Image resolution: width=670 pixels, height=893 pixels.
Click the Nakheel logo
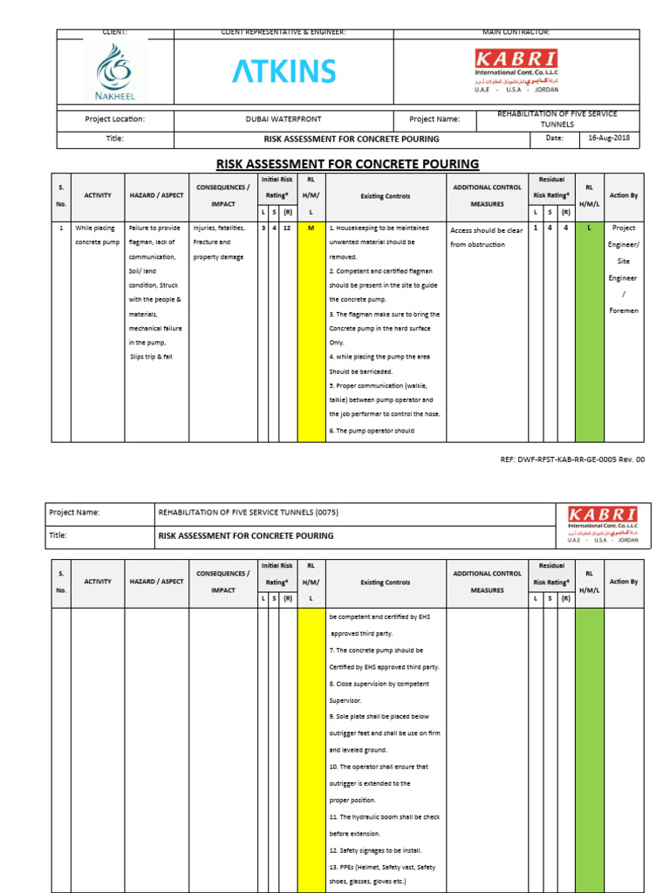point(115,72)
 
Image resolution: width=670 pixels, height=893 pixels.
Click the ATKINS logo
point(284,72)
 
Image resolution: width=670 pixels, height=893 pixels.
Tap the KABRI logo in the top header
point(516,71)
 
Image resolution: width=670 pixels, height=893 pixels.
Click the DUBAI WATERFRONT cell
point(284,119)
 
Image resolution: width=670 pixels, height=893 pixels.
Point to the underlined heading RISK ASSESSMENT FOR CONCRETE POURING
point(347,164)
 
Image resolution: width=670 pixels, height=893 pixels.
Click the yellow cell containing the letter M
point(311,228)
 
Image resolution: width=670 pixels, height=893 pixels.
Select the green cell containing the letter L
point(589,228)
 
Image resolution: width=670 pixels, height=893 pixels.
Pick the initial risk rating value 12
point(287,228)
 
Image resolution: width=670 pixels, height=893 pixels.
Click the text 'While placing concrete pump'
point(97,235)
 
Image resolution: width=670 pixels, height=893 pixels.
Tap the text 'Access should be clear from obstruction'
point(488,237)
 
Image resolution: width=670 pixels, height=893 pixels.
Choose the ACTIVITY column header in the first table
point(98,196)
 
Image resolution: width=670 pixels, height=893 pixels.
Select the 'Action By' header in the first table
point(624,195)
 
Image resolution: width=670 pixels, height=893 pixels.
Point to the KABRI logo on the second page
point(602,525)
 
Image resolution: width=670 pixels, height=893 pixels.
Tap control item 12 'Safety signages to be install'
point(375,850)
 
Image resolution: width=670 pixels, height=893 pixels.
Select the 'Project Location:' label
point(114,119)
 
